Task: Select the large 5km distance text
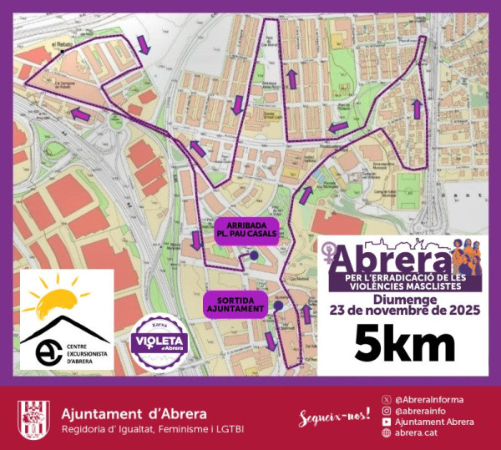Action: (404, 344)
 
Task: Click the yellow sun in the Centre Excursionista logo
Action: (58, 297)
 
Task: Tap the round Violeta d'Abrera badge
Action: (160, 342)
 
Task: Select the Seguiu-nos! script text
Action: (334, 417)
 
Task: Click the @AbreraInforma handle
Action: (428, 399)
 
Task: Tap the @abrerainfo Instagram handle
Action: (423, 411)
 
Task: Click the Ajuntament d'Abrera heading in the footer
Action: (135, 414)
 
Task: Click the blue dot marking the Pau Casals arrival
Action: (254, 258)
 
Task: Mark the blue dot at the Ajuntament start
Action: (277, 306)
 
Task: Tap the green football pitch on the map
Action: (407, 184)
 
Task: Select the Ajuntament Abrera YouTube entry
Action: (434, 422)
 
